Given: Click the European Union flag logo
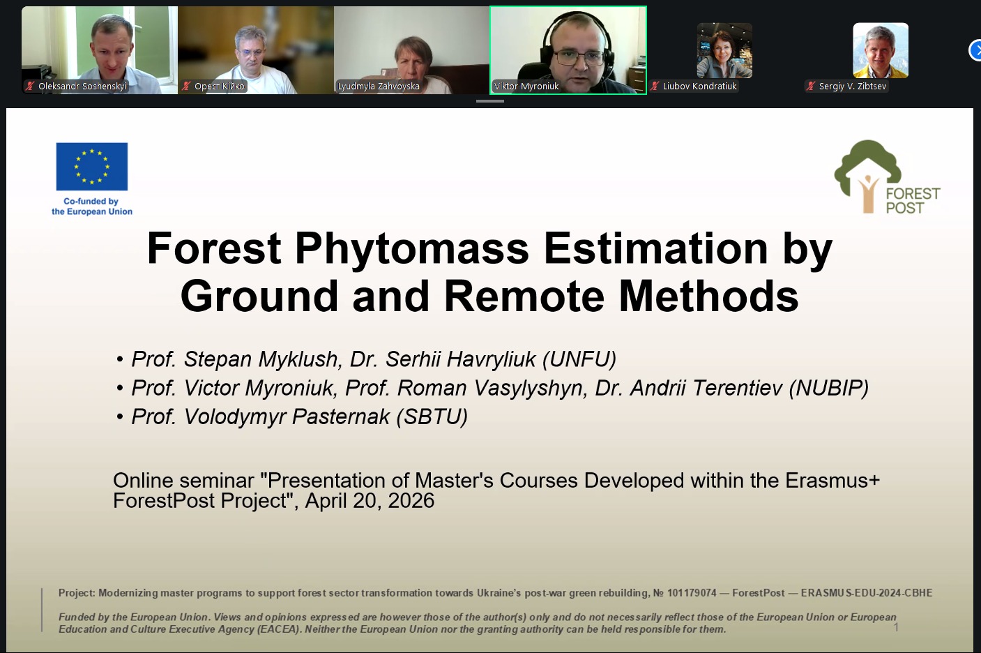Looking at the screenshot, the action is [x=92, y=167].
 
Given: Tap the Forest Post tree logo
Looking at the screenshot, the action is [x=867, y=175].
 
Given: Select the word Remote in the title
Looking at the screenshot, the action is [x=524, y=297].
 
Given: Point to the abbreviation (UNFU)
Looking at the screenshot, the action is [x=579, y=359].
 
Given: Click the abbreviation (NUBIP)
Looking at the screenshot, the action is [x=828, y=389].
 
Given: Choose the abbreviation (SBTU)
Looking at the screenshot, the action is [x=432, y=416].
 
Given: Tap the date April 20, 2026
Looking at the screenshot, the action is [x=370, y=501].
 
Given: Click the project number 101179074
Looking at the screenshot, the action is [x=692, y=593].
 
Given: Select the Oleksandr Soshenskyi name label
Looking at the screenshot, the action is [x=82, y=87].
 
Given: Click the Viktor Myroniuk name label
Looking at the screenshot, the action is [x=526, y=87].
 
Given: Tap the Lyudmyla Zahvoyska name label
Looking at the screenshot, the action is [x=379, y=87].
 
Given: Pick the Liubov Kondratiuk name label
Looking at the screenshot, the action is [x=699, y=87].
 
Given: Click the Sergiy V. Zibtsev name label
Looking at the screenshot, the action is [x=852, y=87].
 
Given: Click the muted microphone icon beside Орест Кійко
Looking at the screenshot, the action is [x=186, y=86].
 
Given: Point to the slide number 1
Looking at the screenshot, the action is [x=896, y=628].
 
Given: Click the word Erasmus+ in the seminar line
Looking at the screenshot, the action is [x=832, y=481].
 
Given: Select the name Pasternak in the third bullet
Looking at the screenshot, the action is [x=340, y=416].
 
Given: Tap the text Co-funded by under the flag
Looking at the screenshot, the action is [x=91, y=202].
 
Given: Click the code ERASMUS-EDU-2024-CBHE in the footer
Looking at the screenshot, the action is [x=866, y=593].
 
